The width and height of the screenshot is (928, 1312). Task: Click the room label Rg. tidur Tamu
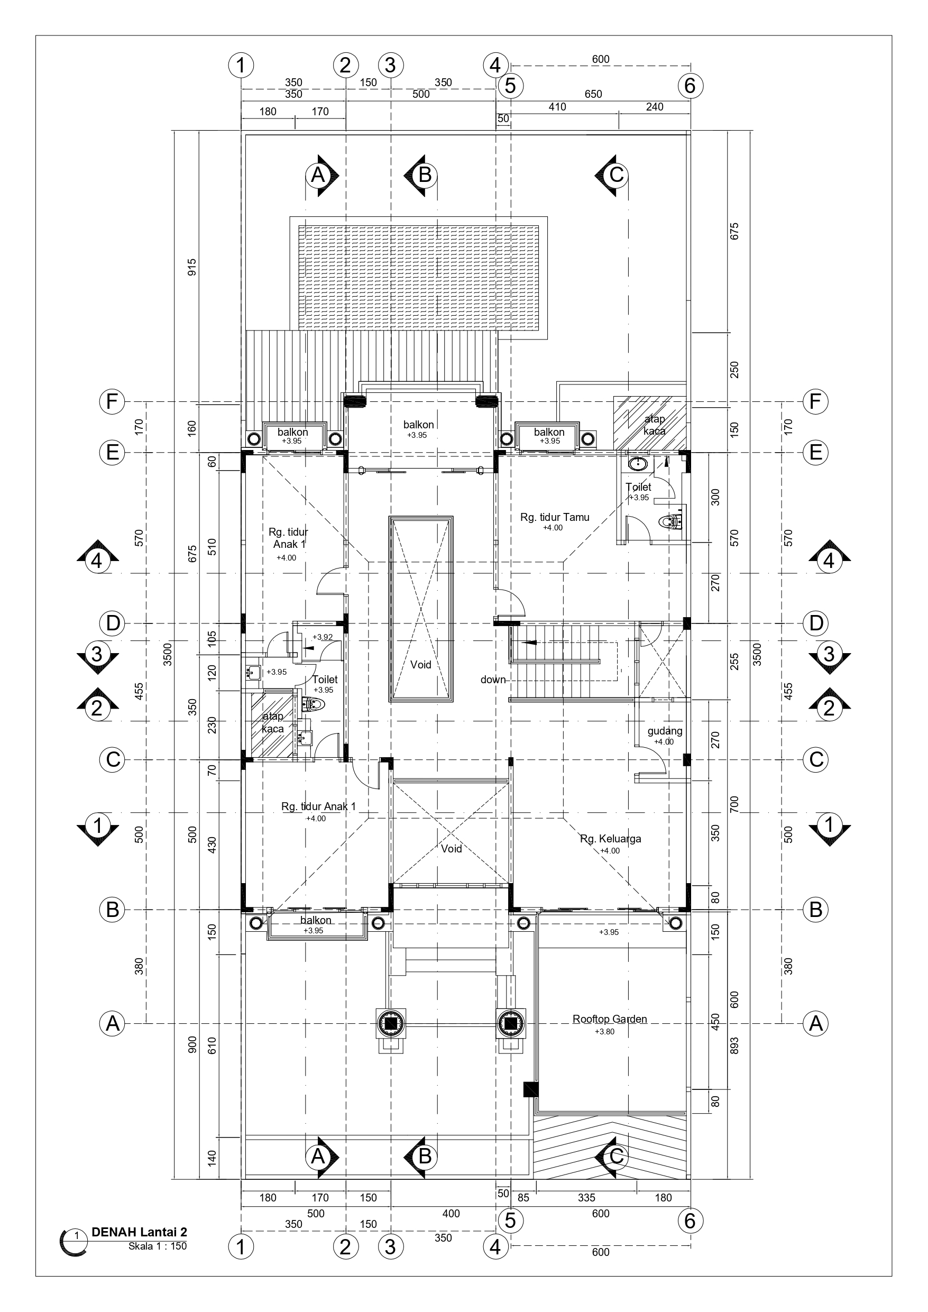554,518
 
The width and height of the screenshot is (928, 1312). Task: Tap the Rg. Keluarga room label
610,839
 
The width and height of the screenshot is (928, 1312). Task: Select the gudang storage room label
665,731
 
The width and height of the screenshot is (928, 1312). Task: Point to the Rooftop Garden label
610,1019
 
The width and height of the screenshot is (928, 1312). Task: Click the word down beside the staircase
493,680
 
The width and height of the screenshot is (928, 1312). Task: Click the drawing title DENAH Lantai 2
140,1233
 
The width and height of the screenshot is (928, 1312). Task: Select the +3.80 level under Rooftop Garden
604,1031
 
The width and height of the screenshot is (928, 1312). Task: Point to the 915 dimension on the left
192,268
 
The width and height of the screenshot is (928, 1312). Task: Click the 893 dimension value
735,1045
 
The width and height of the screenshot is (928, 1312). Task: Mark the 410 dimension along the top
557,107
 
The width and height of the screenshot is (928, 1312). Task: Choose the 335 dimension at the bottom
586,1198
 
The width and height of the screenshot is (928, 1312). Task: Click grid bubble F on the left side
112,402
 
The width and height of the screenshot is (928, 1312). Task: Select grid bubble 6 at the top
690,86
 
